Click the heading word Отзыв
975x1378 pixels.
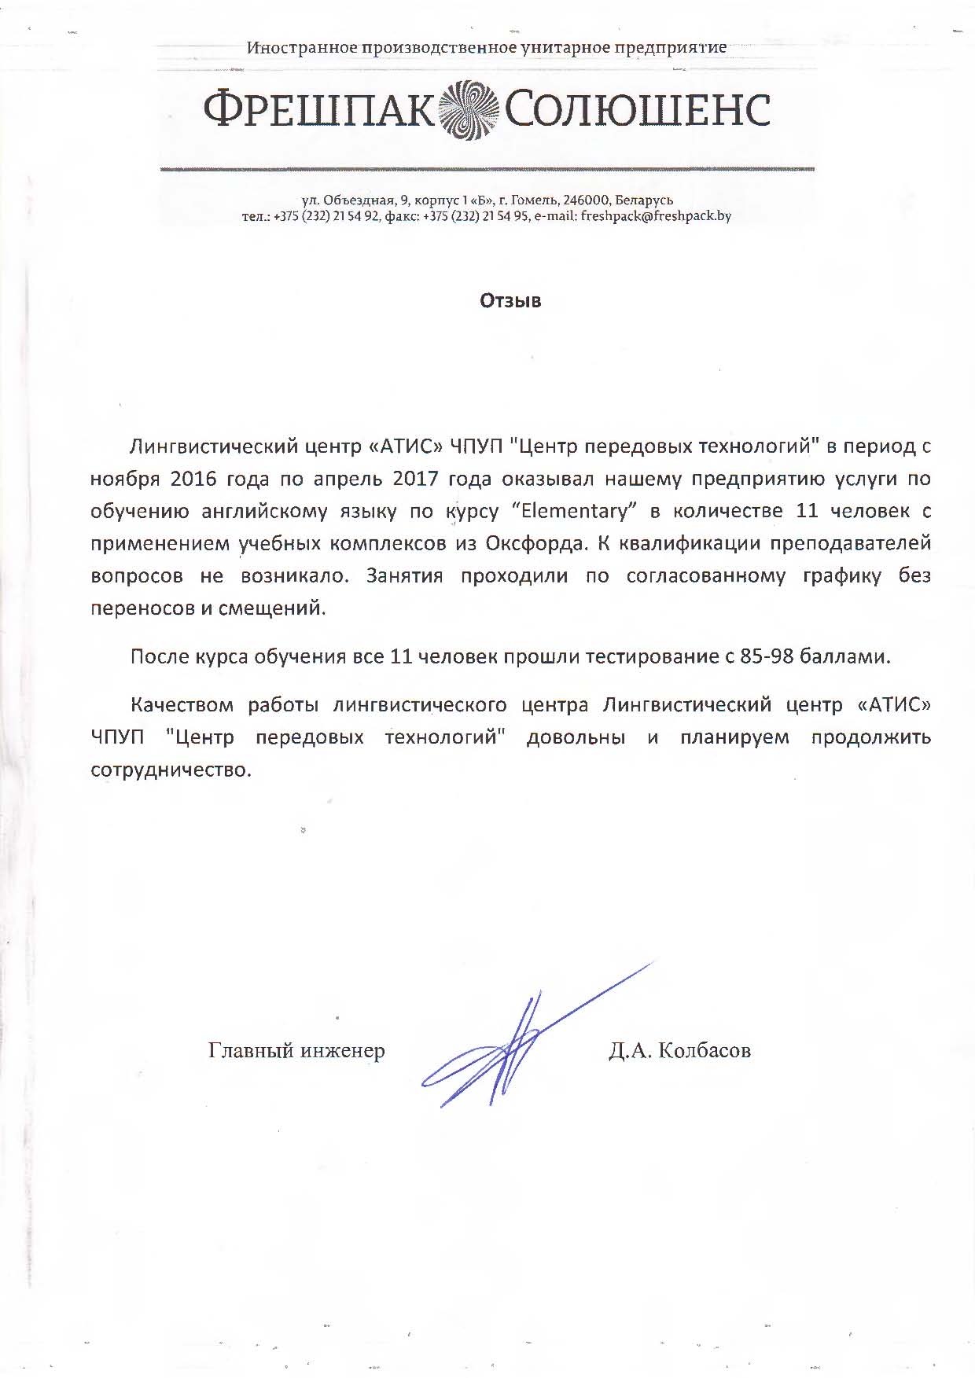click(510, 301)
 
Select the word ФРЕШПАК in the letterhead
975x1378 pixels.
click(318, 111)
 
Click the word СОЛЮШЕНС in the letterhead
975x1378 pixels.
click(636, 111)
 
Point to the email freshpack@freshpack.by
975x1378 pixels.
click(655, 215)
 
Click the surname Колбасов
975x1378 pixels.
click(704, 1050)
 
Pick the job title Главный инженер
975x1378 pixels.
click(296, 1050)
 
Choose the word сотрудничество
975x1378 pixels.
click(171, 770)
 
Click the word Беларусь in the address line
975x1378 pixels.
click(645, 200)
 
